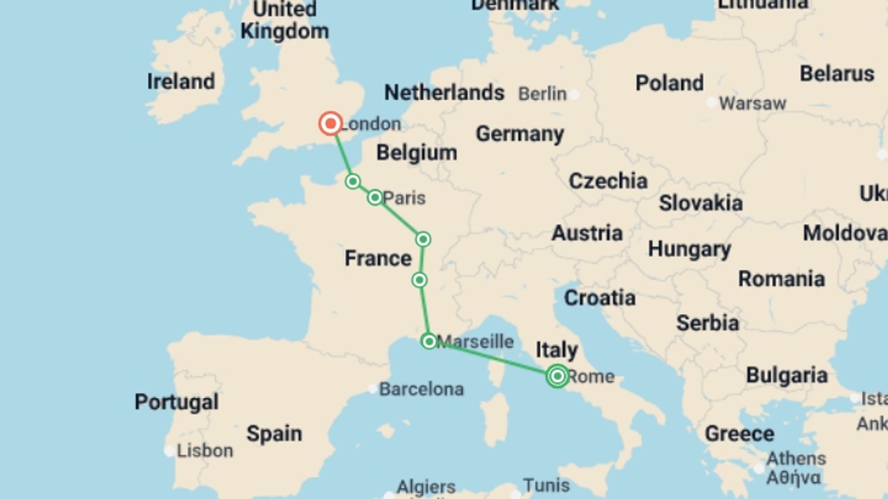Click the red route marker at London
pos(331,123)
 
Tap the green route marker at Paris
pos(375,198)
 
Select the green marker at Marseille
pos(429,341)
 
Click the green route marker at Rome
pos(557,376)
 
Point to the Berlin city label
pos(542,94)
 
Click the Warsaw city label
pos(752,103)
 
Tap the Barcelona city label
pos(421,389)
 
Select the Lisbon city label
pos(205,450)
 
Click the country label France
pos(378,258)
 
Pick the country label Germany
pos(520,134)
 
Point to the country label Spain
pos(274,433)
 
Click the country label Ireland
pos(181,81)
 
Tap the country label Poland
pos(669,83)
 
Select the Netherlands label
pos(444,92)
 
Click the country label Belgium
pos(416,152)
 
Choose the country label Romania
pos(781,279)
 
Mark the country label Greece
pos(739,433)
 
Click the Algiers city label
pos(426,487)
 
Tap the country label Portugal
pos(176,402)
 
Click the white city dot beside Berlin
pos(574,95)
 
